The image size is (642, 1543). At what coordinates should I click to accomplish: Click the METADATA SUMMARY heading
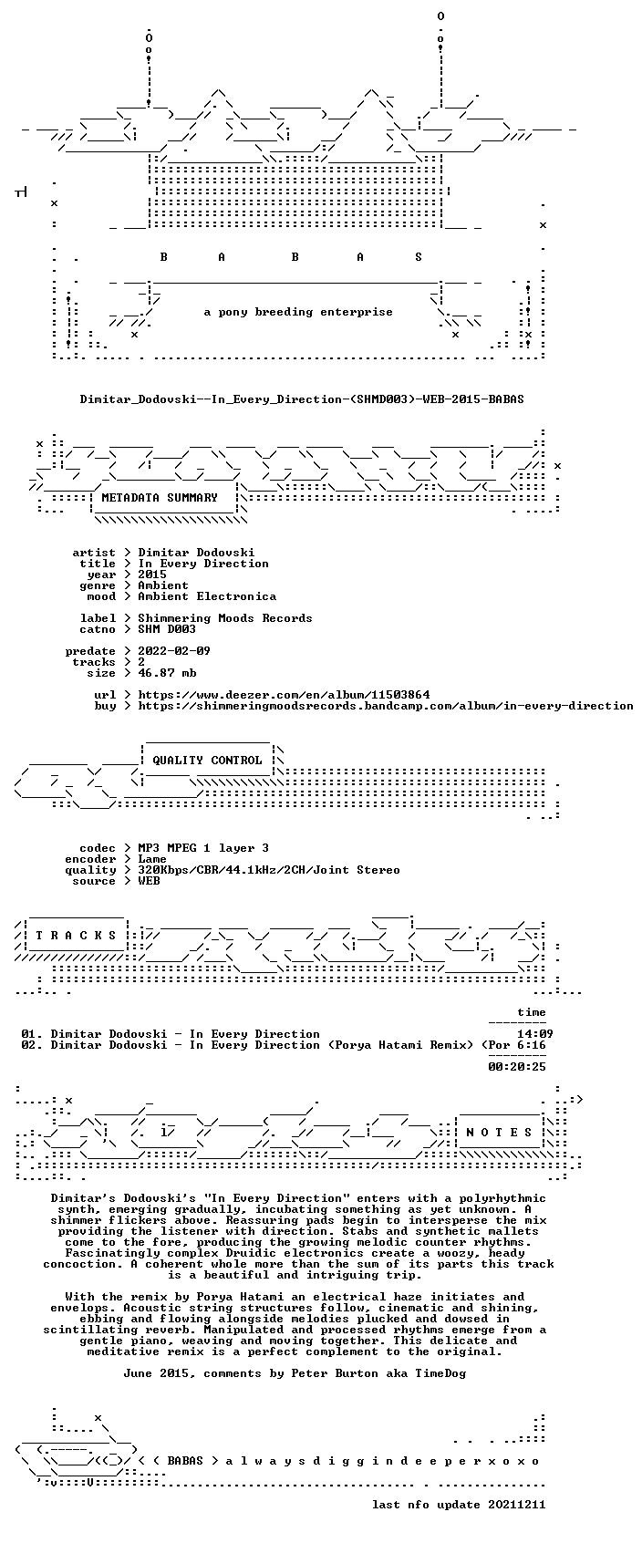tap(159, 497)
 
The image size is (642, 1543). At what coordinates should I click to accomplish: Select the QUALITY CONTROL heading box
tap(207, 760)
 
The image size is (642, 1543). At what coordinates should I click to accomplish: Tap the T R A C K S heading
tap(76, 936)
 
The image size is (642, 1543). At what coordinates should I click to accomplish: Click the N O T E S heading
tap(500, 1133)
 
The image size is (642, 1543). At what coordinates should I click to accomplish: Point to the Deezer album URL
tap(284, 694)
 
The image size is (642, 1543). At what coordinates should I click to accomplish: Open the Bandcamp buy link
tap(386, 705)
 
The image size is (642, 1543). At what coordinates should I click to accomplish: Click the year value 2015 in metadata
tap(152, 575)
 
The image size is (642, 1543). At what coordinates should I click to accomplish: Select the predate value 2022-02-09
tap(174, 651)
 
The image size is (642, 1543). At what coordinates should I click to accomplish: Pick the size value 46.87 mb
tap(168, 673)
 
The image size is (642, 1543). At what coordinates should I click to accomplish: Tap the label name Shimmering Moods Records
tap(225, 618)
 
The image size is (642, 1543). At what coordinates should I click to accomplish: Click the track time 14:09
tap(535, 1034)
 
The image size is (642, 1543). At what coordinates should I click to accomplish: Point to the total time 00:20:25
tap(517, 1067)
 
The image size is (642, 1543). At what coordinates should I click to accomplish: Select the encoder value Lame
tap(152, 859)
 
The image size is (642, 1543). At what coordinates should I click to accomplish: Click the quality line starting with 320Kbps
tap(269, 870)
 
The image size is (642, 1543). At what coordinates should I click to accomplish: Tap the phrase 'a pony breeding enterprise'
tap(298, 312)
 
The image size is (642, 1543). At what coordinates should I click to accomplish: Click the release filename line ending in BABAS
tap(302, 399)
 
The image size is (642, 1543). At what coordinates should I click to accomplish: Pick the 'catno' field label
tap(98, 629)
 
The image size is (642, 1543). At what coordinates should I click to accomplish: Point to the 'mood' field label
tap(101, 596)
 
